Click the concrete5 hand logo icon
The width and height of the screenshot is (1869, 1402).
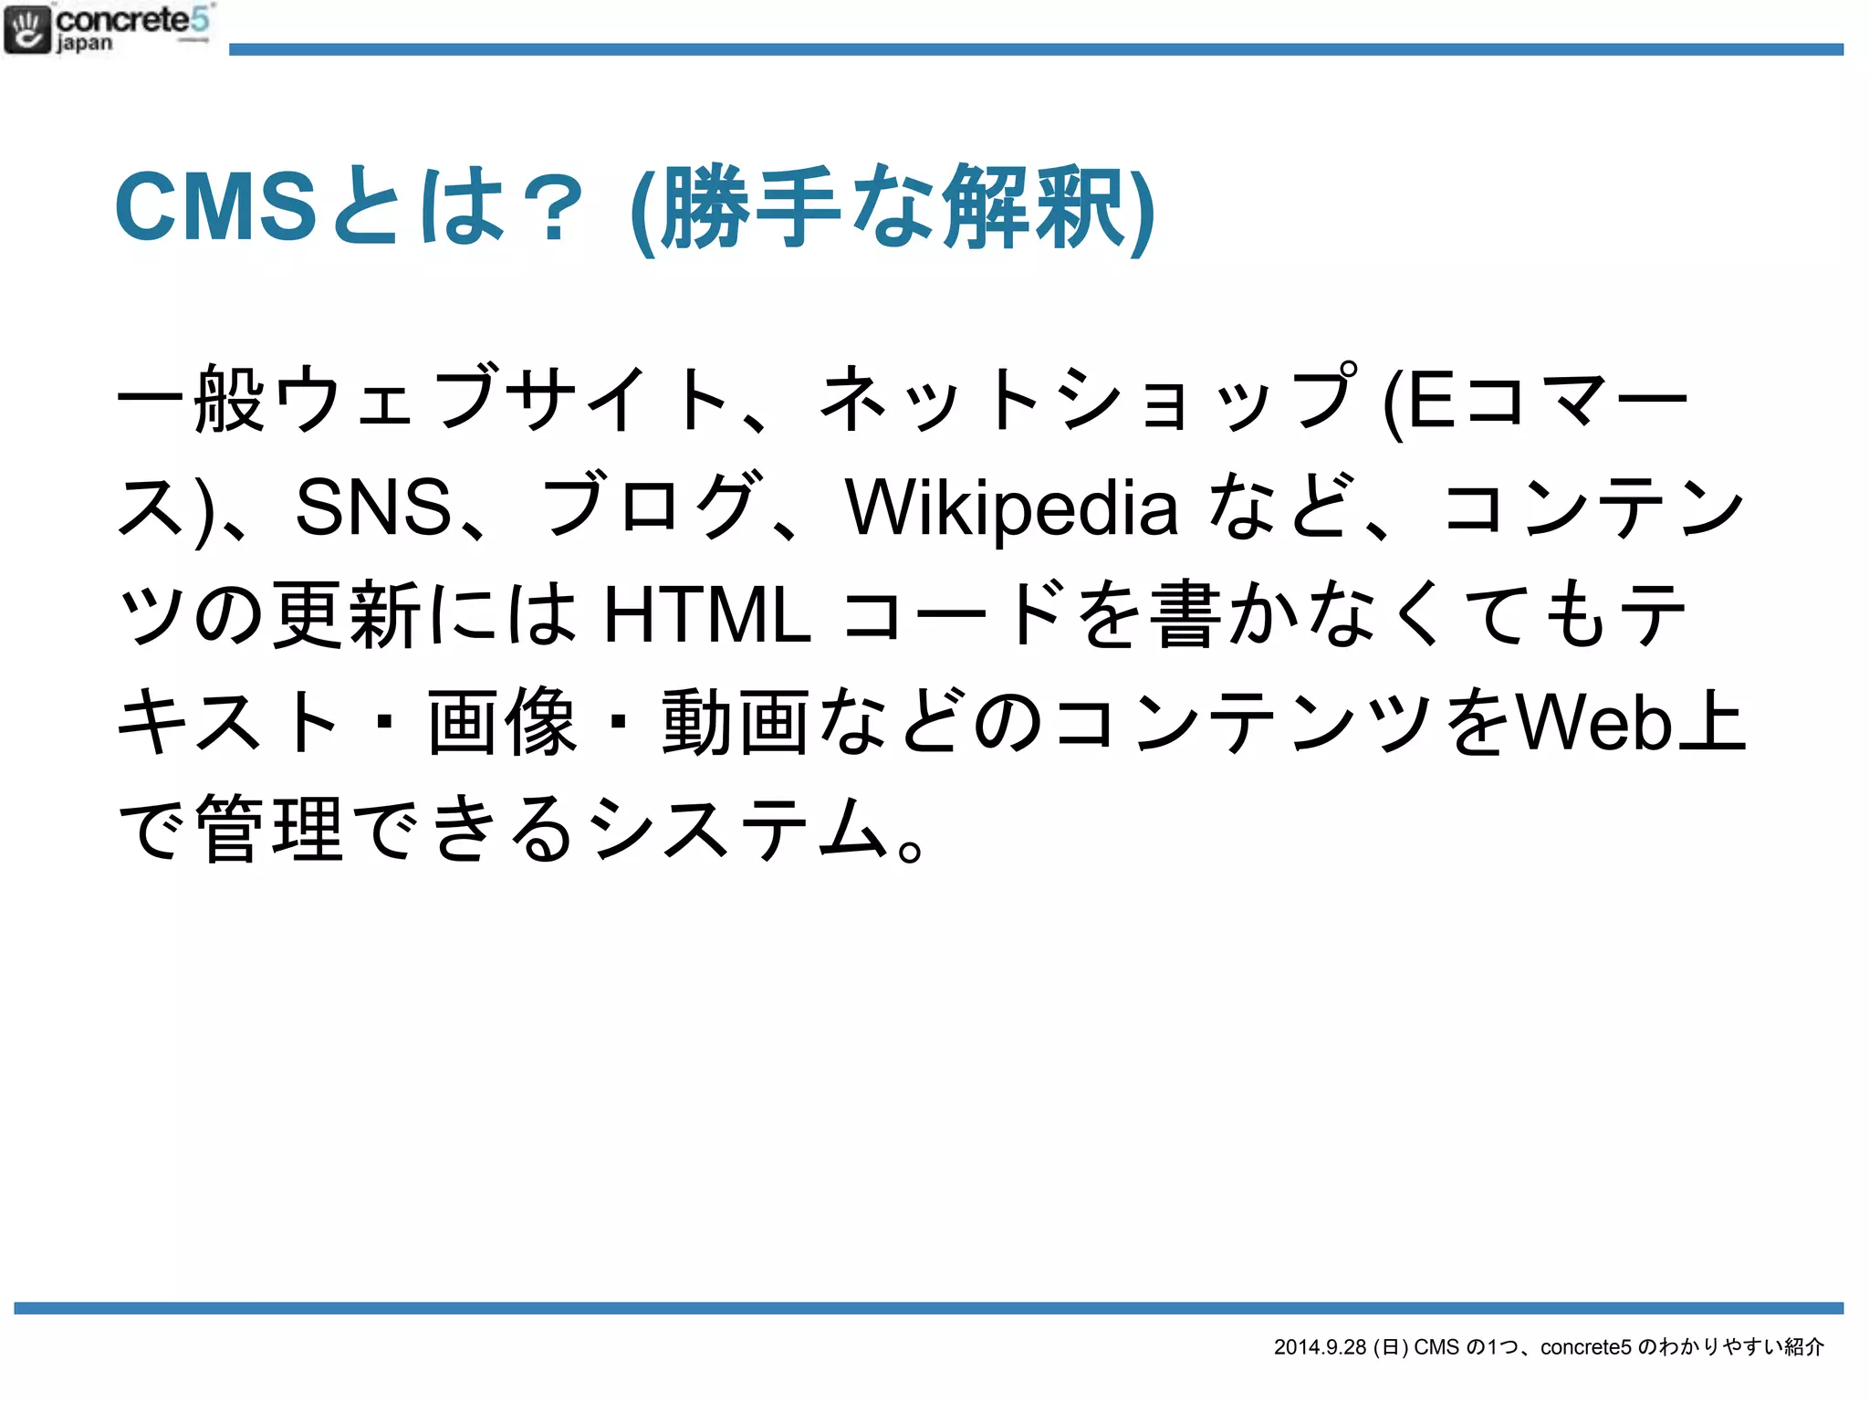tap(27, 30)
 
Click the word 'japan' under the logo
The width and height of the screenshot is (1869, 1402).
tap(84, 43)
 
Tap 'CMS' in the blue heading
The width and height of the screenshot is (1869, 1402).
tap(215, 207)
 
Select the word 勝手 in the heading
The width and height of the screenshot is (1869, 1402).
tap(750, 208)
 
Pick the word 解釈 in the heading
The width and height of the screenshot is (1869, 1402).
tap(1033, 208)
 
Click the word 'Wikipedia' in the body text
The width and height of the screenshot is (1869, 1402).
tap(1011, 507)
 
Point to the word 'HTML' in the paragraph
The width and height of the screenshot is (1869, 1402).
tap(707, 615)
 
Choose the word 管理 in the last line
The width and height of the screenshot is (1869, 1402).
tap(270, 829)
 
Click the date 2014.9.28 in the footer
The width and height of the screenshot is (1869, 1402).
tap(1320, 1347)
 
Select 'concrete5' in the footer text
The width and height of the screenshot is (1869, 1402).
tap(1585, 1347)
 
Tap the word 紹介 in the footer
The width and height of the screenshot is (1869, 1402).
tap(1803, 1347)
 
